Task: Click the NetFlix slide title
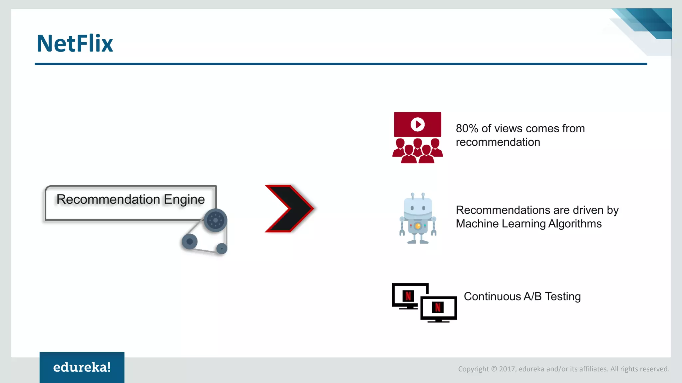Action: pos(75,44)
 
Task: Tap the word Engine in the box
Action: pos(184,199)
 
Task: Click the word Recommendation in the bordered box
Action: pos(108,199)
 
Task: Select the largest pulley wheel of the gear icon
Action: pos(215,220)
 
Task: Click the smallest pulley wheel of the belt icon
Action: pos(222,248)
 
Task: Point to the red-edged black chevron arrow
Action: pos(289,208)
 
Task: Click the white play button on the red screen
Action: pos(418,124)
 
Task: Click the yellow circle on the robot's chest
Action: pos(418,226)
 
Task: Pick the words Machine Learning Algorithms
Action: pos(528,224)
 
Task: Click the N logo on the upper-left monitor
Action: pos(408,296)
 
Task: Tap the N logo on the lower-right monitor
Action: pos(438,307)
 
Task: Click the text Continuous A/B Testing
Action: pos(522,296)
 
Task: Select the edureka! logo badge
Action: pos(82,367)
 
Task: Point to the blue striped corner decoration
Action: pos(646,27)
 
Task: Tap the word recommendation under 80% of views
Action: pos(498,142)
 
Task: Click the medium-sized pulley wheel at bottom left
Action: pos(190,241)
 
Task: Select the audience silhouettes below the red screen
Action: pos(418,151)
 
